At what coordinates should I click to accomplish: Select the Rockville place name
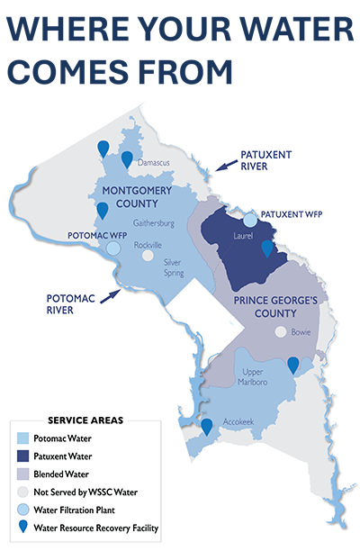pyautogui.click(x=148, y=245)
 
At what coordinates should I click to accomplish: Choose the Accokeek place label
pyautogui.click(x=237, y=431)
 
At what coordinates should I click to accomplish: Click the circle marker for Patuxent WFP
pyautogui.click(x=251, y=220)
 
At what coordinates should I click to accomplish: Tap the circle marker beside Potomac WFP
pyautogui.click(x=113, y=248)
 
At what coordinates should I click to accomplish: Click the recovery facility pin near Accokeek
pyautogui.click(x=207, y=427)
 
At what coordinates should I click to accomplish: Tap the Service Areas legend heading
pyautogui.click(x=85, y=420)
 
